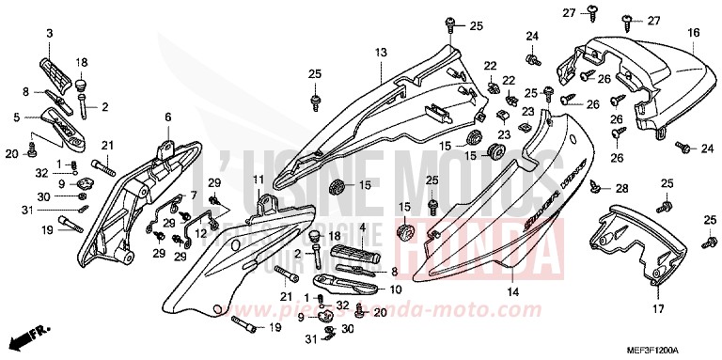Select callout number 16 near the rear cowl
[x=694, y=33]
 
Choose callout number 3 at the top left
[x=194, y=196]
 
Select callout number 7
[x=194, y=196]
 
